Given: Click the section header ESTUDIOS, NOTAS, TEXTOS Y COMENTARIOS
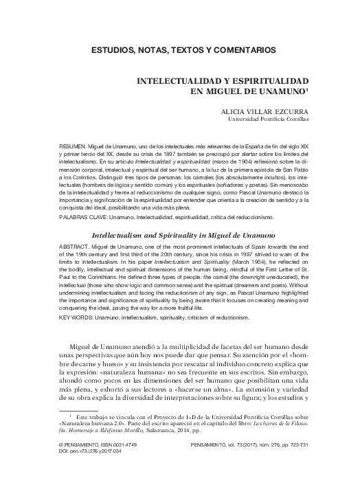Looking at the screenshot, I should [179, 51].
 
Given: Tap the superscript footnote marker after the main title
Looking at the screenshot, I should [308, 88].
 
